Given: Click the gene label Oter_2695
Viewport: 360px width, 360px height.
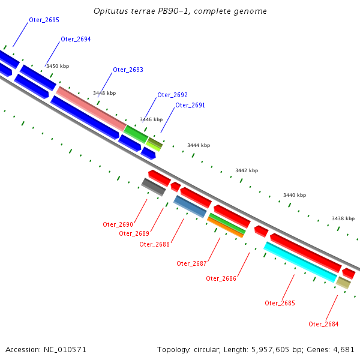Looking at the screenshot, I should coord(44,20).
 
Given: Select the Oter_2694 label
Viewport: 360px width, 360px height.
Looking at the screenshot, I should coord(76,40).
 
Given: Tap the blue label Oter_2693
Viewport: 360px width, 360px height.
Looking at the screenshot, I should coord(128,70).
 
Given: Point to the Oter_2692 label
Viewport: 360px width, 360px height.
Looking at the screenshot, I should coord(172,95).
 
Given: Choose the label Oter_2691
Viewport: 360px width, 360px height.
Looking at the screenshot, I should coord(190,106).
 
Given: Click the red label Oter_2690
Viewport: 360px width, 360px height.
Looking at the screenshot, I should coord(118,224).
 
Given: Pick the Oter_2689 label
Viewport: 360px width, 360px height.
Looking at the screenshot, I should coord(134,233).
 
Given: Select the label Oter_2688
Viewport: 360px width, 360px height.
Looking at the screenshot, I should coord(154,244).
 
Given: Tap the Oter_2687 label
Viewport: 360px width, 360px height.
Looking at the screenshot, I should coord(191,263).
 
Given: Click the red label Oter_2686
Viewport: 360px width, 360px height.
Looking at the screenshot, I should coord(221,278).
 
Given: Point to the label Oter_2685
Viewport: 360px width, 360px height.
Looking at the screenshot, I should coord(280,303).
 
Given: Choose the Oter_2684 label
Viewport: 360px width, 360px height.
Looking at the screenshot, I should coord(323,324).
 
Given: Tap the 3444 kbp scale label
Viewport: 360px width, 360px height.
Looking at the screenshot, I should coord(199,145).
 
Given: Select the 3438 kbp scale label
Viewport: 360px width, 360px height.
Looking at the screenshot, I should coord(343,218).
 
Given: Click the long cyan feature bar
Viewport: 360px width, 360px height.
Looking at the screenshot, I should coord(299,262).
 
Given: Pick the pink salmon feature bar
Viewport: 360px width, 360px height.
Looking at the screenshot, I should coord(91,108).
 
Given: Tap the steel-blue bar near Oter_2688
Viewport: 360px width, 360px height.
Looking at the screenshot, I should coord(190,206).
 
